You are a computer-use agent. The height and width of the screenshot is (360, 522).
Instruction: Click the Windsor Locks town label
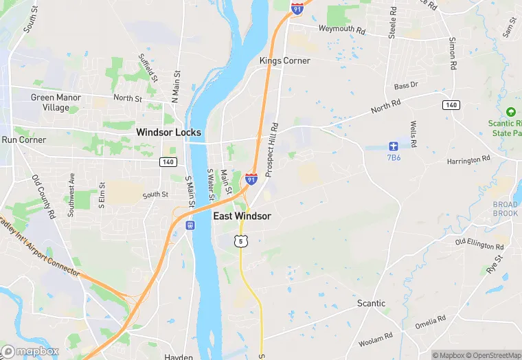(168, 132)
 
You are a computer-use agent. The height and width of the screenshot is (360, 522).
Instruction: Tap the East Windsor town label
(242, 216)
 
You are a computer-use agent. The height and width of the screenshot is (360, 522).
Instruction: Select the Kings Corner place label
(284, 60)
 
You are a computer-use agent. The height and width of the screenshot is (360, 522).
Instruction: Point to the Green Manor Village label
(56, 102)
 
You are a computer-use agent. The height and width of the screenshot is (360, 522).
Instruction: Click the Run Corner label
(23, 139)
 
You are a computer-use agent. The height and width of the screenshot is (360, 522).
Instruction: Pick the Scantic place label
(371, 303)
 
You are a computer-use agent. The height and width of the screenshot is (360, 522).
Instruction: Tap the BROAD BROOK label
(505, 209)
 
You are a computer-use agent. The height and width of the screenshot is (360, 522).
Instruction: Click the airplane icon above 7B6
(393, 146)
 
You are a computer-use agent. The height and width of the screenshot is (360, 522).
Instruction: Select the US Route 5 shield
(240, 240)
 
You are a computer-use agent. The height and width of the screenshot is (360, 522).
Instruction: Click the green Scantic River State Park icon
(510, 112)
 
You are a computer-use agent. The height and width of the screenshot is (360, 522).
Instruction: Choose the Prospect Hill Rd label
(272, 147)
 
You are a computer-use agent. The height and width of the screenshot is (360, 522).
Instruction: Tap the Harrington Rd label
(468, 160)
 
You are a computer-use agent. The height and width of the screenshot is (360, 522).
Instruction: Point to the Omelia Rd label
(430, 320)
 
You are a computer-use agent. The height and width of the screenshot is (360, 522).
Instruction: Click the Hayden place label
(179, 357)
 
